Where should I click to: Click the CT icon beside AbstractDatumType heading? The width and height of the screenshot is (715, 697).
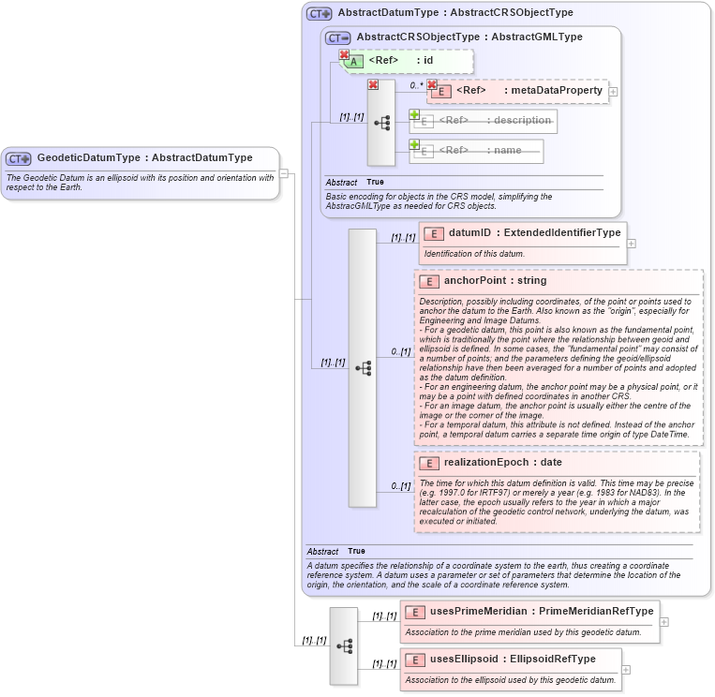tap(320, 14)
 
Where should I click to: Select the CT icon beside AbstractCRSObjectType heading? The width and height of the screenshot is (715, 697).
tap(337, 37)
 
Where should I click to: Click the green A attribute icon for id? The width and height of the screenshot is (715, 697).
tap(354, 61)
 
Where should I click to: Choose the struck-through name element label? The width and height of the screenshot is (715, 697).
tap(494, 151)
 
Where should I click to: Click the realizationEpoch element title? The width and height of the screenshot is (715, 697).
tap(486, 463)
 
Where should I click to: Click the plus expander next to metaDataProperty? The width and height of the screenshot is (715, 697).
tap(613, 91)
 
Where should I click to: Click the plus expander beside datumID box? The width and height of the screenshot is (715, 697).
tap(631, 244)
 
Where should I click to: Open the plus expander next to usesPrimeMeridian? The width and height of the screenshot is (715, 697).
tap(664, 622)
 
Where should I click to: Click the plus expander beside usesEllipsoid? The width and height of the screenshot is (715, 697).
tap(626, 669)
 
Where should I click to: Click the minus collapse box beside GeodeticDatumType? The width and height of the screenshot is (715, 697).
tap(284, 173)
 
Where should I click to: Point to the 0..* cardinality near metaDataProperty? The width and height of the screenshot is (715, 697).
tap(415, 85)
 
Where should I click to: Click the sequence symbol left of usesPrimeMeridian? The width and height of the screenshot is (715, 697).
tap(344, 645)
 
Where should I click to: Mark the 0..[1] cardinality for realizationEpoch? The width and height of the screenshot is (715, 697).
tap(400, 486)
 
